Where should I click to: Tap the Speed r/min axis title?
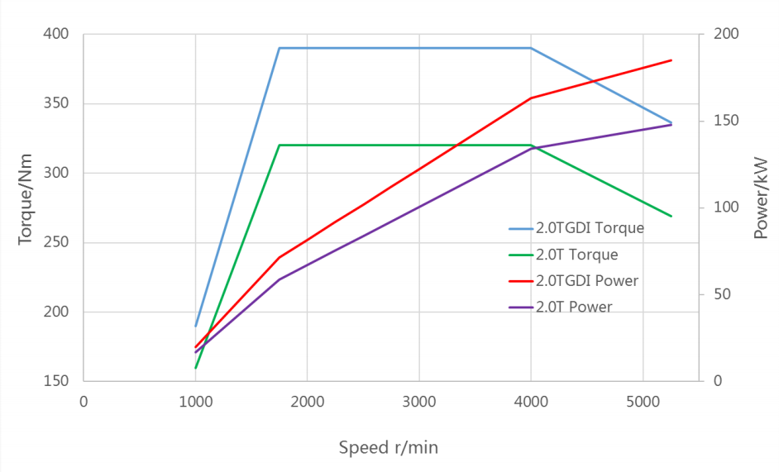coord(388,447)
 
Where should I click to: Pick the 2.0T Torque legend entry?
coord(576,255)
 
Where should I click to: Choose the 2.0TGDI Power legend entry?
coord(586,281)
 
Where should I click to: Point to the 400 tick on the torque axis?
coord(57,35)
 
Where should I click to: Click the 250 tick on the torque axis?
coord(57,243)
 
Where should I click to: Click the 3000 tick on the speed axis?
coord(418,402)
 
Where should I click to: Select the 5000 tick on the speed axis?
coord(643,402)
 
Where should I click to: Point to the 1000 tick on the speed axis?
coord(195,402)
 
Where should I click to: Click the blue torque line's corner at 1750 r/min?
coord(280,48)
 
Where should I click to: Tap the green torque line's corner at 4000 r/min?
coord(531,145)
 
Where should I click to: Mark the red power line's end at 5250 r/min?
coord(671,60)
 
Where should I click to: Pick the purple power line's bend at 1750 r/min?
coord(280,279)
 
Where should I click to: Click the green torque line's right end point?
coord(671,217)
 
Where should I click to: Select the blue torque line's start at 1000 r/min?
coord(195,326)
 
